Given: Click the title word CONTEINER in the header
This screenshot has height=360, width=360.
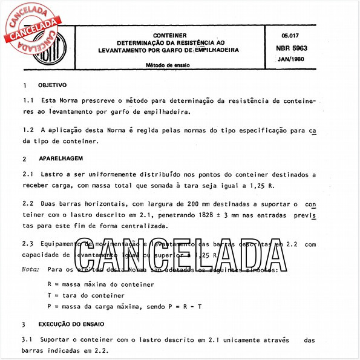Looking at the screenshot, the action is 169,36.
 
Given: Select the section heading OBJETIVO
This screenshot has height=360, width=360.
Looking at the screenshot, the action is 52,85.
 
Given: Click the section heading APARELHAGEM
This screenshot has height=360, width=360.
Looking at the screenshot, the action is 60,159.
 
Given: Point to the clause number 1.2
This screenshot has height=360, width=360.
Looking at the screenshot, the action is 27,129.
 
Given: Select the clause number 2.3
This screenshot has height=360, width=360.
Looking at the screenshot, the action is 27,244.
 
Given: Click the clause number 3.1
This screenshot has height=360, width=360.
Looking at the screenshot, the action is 27,340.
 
